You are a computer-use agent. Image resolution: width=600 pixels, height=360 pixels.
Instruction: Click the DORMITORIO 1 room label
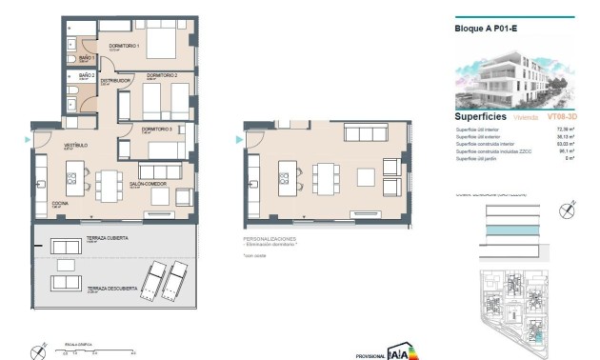click(x=124, y=46)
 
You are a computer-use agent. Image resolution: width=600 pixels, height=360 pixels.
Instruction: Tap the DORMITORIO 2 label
click(x=163, y=75)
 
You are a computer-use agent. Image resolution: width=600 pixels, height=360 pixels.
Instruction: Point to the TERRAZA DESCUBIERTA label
click(x=107, y=288)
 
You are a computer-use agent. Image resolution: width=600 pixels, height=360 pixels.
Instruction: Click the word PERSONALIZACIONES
click(x=270, y=239)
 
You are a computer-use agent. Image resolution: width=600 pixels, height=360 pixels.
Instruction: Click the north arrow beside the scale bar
click(x=39, y=350)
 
